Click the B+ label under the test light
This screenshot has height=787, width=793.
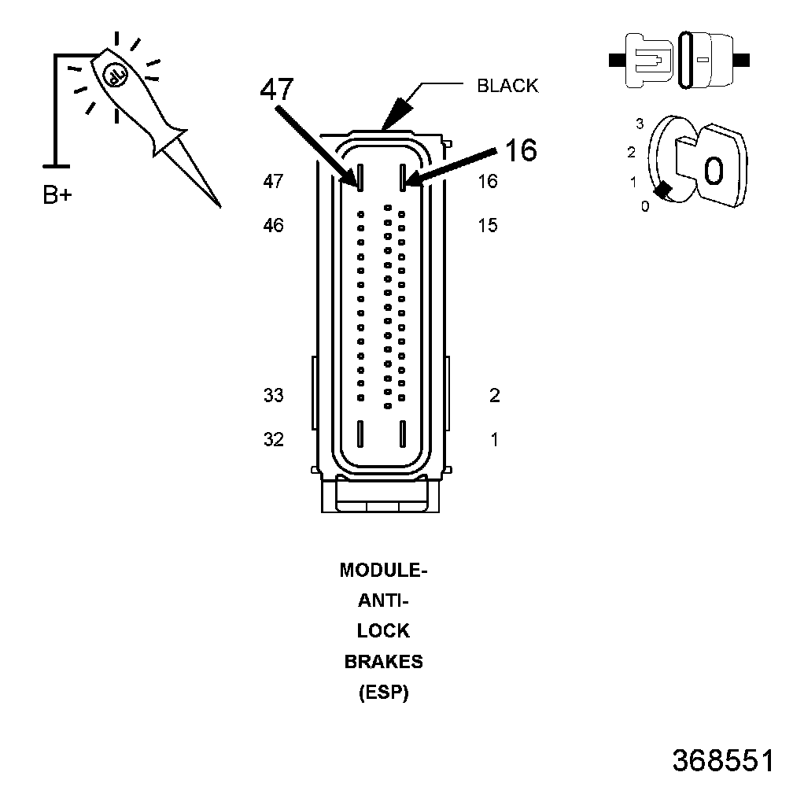click(x=57, y=194)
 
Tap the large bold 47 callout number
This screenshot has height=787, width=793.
click(x=277, y=89)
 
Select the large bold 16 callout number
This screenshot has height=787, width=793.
click(x=521, y=150)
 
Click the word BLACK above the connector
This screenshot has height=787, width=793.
click(x=507, y=86)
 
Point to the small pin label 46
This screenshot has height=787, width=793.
click(x=274, y=225)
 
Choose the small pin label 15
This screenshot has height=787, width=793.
click(x=488, y=225)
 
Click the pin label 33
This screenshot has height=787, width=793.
click(x=274, y=395)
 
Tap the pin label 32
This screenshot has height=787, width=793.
click(x=274, y=439)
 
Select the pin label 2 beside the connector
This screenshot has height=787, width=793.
click(x=495, y=395)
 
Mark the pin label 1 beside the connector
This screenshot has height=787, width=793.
click(x=495, y=439)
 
